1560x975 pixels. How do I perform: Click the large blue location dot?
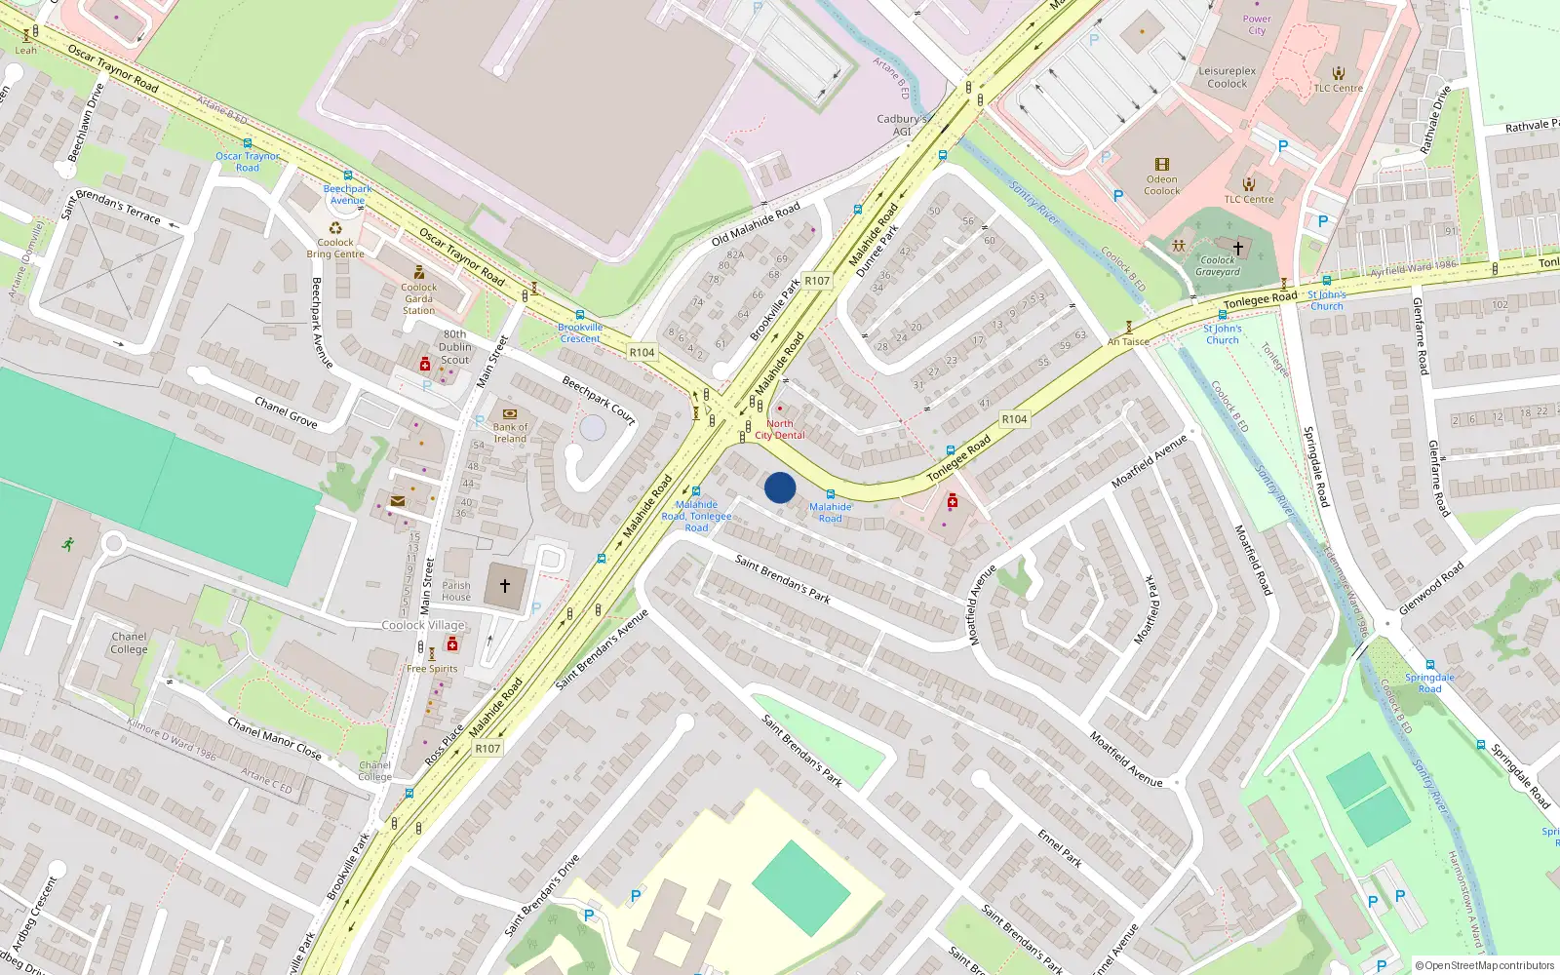780,487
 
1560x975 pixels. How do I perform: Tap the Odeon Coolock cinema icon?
1161,165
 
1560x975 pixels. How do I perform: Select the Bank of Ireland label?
510,433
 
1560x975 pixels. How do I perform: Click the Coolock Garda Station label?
419,298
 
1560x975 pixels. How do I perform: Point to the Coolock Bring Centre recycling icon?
335,228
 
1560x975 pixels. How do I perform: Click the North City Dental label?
780,430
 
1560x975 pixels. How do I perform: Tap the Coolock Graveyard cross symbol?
1238,249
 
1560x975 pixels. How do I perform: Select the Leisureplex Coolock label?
1228,77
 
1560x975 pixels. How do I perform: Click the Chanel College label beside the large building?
129,643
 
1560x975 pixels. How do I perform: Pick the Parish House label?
456,592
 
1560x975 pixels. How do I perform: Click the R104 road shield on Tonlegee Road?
1014,419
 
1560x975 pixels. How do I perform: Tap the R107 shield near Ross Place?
487,749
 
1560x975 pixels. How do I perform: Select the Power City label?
1257,24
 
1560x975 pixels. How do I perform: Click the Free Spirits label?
432,669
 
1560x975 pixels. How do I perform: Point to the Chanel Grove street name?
286,412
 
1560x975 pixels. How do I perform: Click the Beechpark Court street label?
599,401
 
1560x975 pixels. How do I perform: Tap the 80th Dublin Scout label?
454,347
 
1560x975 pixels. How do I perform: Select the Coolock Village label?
423,625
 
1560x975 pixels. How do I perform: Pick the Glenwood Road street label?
1431,588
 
